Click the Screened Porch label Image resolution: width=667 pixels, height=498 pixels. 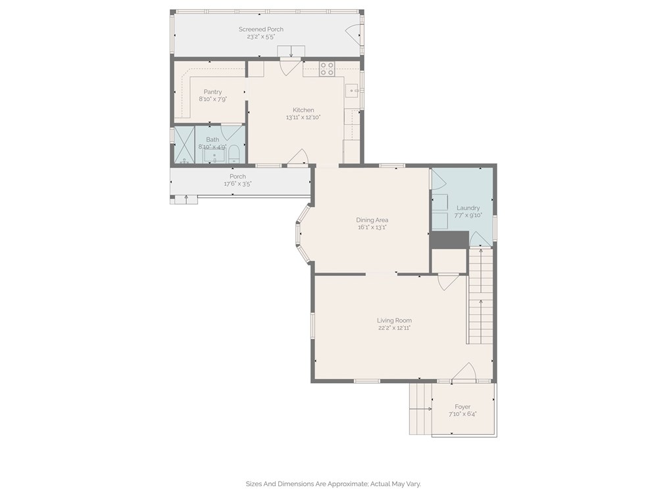click(x=260, y=30)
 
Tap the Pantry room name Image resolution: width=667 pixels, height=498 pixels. click(x=212, y=92)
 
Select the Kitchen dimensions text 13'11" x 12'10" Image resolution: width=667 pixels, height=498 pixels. click(x=303, y=118)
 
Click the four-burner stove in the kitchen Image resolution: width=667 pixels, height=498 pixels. click(x=327, y=69)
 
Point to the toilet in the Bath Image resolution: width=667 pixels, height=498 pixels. click(x=234, y=154)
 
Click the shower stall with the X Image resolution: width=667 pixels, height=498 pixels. click(x=184, y=145)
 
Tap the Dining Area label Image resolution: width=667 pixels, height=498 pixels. click(x=372, y=220)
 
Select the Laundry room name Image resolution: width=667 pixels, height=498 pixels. click(x=468, y=208)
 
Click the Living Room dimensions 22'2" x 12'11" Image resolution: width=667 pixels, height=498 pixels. click(x=394, y=328)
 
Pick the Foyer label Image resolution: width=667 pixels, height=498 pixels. click(x=462, y=407)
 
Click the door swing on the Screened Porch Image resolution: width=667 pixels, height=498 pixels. click(x=352, y=34)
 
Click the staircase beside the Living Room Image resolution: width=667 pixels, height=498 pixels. click(x=481, y=296)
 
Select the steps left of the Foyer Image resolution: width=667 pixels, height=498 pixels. click(x=420, y=409)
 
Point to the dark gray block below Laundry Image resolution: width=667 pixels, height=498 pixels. click(x=449, y=239)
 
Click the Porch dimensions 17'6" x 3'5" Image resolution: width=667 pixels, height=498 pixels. click(x=237, y=184)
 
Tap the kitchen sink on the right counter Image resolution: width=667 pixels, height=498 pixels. click(x=353, y=91)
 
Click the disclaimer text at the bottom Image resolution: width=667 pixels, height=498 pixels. click(x=333, y=484)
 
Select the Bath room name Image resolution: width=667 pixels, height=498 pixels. click(x=212, y=139)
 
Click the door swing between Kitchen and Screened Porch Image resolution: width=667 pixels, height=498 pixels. click(x=291, y=68)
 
